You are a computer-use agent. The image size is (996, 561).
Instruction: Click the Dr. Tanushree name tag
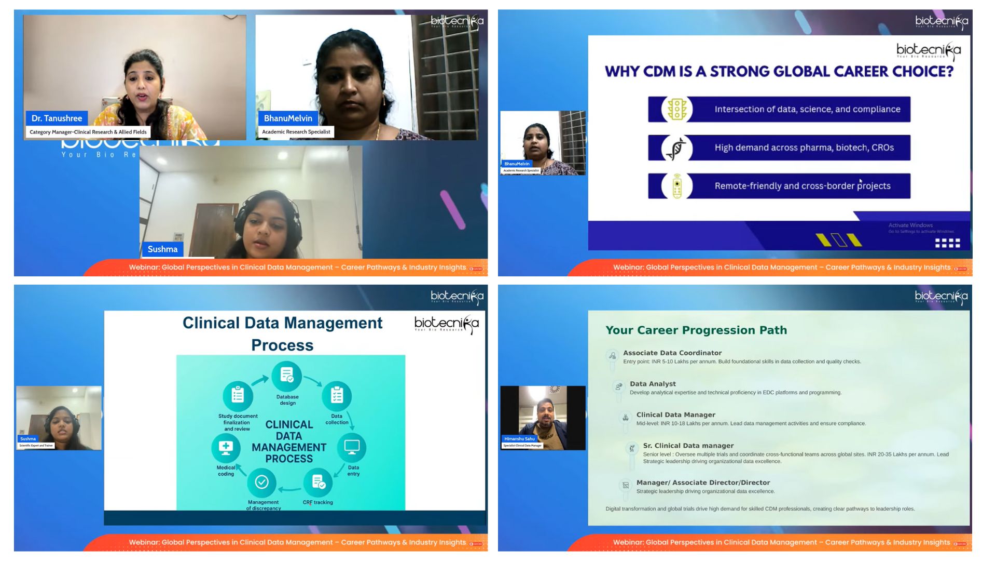[x=57, y=118]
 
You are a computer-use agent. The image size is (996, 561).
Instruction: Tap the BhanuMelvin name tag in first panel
[x=288, y=118]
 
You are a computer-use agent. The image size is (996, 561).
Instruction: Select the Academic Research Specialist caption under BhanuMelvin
[x=296, y=132]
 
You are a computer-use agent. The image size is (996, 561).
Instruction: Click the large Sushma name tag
[x=162, y=249]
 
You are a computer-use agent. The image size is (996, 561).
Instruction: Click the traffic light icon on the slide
[x=677, y=110]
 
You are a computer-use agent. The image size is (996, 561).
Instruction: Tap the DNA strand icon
[x=677, y=148]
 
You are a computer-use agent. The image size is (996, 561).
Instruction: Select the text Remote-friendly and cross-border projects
[x=802, y=186]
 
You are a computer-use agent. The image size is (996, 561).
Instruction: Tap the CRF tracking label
[x=317, y=502]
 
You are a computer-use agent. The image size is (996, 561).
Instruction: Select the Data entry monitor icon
[x=352, y=447]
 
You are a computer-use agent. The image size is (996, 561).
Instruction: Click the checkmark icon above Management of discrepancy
[x=262, y=482]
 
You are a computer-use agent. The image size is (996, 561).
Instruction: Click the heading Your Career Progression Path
[x=696, y=330]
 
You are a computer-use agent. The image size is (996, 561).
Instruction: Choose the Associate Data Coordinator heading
[x=672, y=353]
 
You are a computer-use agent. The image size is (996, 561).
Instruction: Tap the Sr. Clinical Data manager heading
[x=688, y=446]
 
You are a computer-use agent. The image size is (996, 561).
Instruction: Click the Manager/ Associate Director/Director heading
[x=703, y=483]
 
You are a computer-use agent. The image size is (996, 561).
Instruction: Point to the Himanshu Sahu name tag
[x=519, y=439]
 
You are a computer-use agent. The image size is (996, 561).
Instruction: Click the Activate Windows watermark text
[x=910, y=225]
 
